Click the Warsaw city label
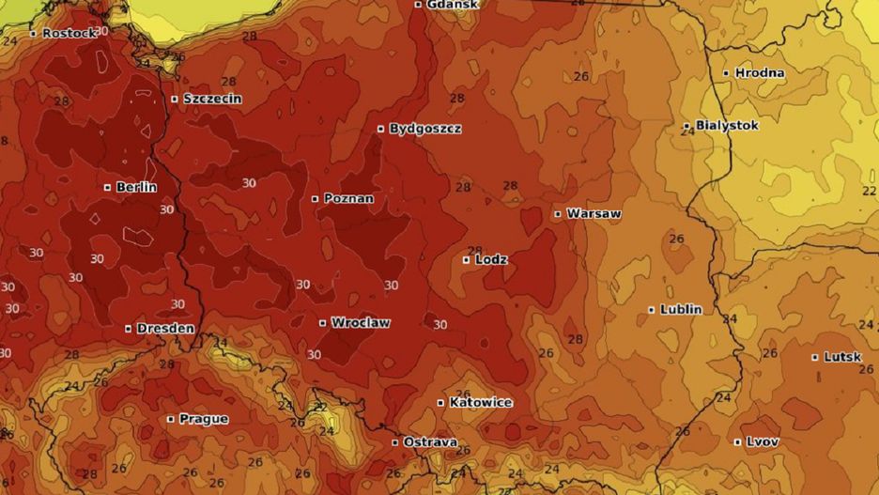594,214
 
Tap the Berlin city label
136,188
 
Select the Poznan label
348,199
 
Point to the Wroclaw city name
360,323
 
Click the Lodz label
491,259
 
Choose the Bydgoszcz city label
424,129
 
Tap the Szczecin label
212,99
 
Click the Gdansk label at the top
452,5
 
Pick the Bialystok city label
727,125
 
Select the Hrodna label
760,73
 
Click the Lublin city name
681,309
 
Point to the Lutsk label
842,357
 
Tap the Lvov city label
763,441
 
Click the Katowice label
481,403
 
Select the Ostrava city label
430,441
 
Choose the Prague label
203,419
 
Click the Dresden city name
165,329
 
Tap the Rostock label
69,33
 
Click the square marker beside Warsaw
558,214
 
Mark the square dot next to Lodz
467,259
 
